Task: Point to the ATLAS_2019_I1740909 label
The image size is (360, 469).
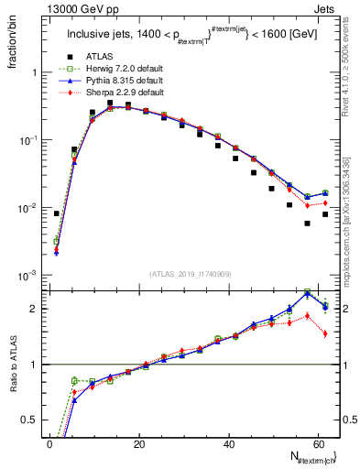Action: [191, 274]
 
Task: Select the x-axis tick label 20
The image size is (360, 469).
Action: [139, 445]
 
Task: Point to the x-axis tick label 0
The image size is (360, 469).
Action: [49, 445]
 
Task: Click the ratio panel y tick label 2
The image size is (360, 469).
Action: [38, 308]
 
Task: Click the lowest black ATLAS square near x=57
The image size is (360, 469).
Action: [308, 224]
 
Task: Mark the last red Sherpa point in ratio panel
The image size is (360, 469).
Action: [325, 333]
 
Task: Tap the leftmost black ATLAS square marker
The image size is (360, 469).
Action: [57, 213]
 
